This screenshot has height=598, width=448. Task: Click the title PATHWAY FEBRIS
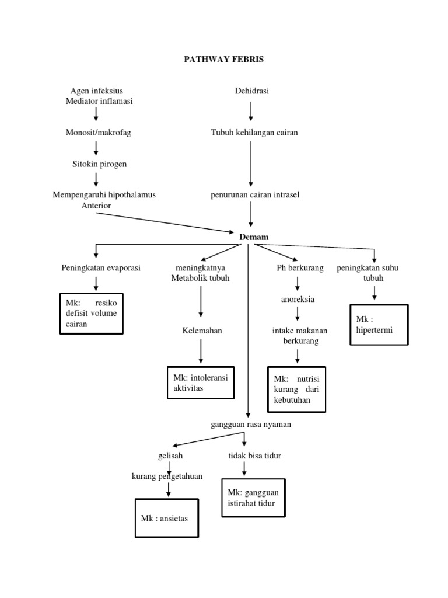point(224,60)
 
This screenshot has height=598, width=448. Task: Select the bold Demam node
point(254,237)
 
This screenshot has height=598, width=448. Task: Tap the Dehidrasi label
point(251,91)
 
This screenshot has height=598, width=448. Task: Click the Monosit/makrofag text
point(99,133)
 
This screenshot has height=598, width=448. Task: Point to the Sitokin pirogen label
point(99,164)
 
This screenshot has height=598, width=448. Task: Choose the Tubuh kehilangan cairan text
point(254,133)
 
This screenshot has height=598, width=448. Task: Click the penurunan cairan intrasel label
point(255,194)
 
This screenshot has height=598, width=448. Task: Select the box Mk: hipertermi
point(379,325)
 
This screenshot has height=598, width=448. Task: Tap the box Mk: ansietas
point(167,517)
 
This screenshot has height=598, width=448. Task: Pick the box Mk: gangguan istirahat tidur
point(254,498)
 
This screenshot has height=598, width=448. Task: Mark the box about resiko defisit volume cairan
point(91,314)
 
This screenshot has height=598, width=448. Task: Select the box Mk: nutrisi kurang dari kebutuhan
point(297,390)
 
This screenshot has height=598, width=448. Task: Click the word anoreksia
point(297,300)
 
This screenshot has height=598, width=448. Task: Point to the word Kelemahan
point(202,331)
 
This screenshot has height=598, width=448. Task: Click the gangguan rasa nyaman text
point(250,425)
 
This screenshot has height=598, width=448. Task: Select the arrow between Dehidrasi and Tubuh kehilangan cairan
point(251,111)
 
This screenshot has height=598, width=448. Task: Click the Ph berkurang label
point(297,268)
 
